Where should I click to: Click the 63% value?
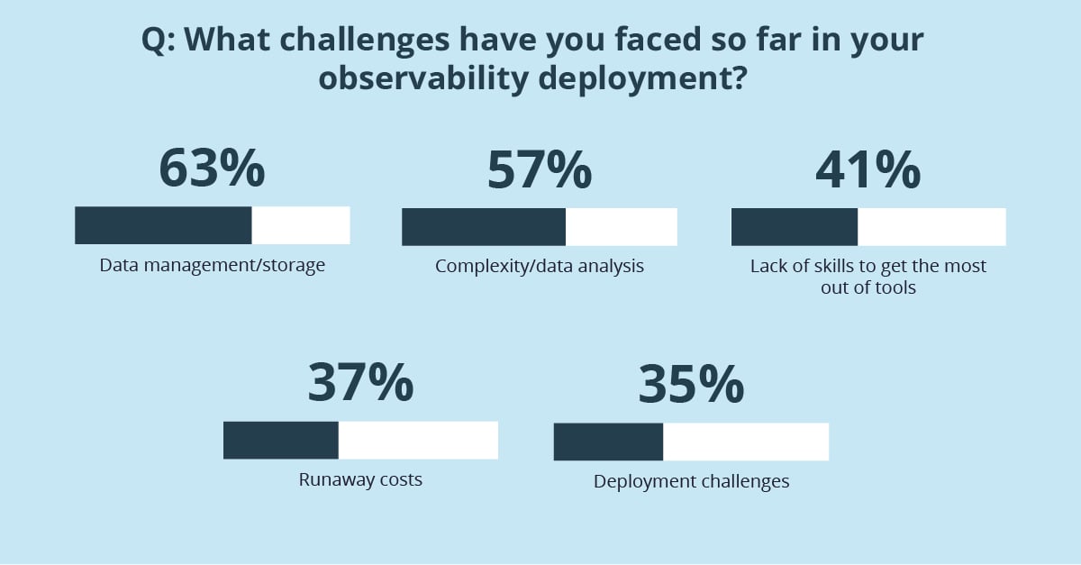(212, 169)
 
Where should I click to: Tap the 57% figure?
(540, 169)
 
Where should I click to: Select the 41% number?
(868, 169)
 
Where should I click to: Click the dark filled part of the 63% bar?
(163, 225)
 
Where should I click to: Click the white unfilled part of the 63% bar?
(300, 225)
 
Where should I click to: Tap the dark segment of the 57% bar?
(484, 226)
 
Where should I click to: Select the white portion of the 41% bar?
(931, 226)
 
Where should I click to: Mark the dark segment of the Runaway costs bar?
(280, 440)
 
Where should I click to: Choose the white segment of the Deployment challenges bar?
(745, 442)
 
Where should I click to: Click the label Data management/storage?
(212, 267)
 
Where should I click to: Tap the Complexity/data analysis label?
(540, 267)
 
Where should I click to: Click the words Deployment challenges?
(691, 481)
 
